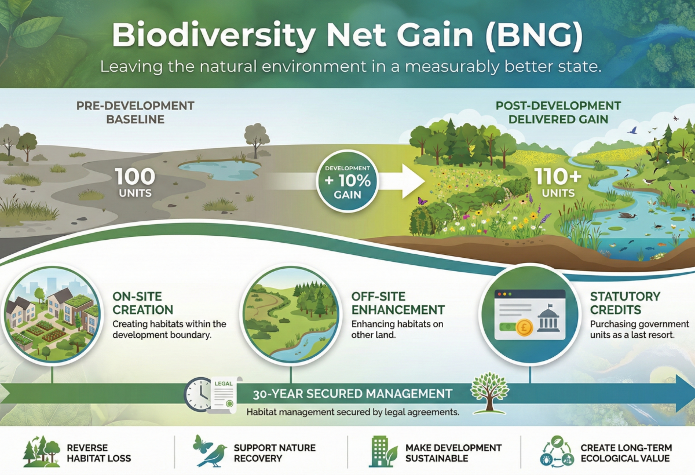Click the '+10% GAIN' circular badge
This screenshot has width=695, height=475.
pyautogui.click(x=348, y=181)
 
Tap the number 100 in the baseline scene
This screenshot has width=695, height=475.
pyautogui.click(x=136, y=177)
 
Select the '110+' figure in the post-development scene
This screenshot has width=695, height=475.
pyautogui.click(x=558, y=177)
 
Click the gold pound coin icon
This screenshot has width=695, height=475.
pyautogui.click(x=524, y=327)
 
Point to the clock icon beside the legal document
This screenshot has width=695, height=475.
pyautogui.click(x=199, y=394)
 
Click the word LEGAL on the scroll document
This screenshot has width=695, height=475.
pyautogui.click(x=224, y=384)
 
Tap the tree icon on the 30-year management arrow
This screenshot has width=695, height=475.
pyautogui.click(x=489, y=393)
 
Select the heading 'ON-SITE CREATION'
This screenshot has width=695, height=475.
pyautogui.click(x=142, y=303)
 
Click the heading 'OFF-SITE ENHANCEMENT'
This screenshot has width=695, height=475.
pyautogui.click(x=398, y=303)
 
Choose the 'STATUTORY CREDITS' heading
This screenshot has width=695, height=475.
pyautogui.click(x=625, y=303)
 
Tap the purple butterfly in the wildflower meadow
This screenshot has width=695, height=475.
pyautogui.click(x=422, y=200)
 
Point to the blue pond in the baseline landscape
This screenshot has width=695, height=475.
pyautogui.click(x=220, y=170)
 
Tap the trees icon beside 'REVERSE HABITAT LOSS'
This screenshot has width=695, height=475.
pyautogui.click(x=42, y=451)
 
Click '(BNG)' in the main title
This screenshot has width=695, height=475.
pyautogui.click(x=533, y=36)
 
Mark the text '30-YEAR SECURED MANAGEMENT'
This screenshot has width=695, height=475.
pyautogui.click(x=353, y=394)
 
